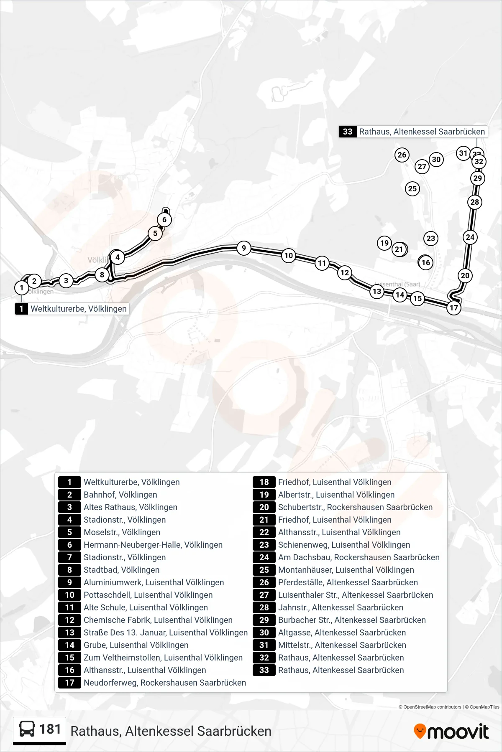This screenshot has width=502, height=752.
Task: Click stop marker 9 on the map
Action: click(x=244, y=248)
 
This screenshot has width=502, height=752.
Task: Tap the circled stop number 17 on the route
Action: click(x=454, y=308)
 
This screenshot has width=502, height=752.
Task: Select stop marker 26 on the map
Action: click(x=402, y=155)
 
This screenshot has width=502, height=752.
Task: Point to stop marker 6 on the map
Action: click(x=164, y=220)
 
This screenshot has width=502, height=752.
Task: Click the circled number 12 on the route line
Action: click(x=345, y=273)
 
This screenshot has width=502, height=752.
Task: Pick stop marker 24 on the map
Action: click(x=470, y=237)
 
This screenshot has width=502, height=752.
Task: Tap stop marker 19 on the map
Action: click(x=384, y=243)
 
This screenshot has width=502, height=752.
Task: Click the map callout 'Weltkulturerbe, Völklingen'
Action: click(x=72, y=309)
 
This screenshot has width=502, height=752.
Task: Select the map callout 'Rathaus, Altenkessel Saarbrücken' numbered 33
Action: click(x=413, y=132)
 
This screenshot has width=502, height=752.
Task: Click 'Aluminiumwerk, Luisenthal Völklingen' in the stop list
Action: click(x=154, y=582)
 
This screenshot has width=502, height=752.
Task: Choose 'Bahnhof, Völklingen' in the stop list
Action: click(x=120, y=495)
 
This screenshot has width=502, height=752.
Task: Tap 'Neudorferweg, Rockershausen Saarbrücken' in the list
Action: click(x=165, y=683)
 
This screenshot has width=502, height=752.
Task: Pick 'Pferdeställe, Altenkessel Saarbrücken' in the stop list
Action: click(x=348, y=582)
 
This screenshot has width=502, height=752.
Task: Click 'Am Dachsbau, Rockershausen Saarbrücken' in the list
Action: click(x=359, y=557)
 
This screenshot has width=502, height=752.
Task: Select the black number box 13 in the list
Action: click(x=69, y=633)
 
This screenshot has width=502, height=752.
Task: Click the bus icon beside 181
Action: click(x=27, y=729)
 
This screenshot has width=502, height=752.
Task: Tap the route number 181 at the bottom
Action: click(x=50, y=729)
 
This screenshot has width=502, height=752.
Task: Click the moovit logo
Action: click(x=451, y=732)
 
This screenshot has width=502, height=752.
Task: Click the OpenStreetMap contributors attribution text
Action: click(x=430, y=707)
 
